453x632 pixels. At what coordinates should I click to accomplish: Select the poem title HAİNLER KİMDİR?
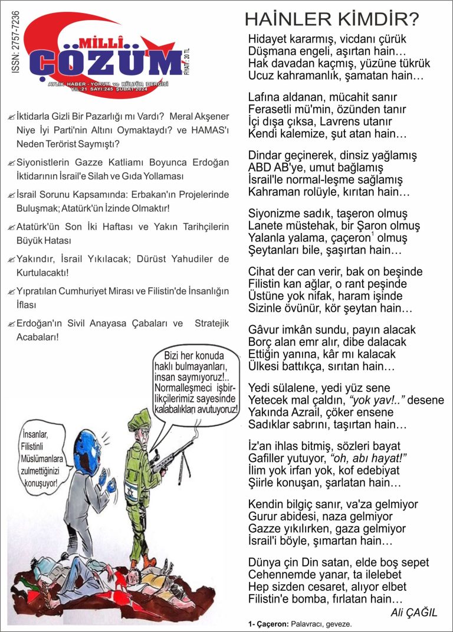pyautogui.click(x=331, y=20)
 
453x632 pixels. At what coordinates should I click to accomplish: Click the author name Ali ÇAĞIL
pyautogui.click(x=414, y=613)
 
